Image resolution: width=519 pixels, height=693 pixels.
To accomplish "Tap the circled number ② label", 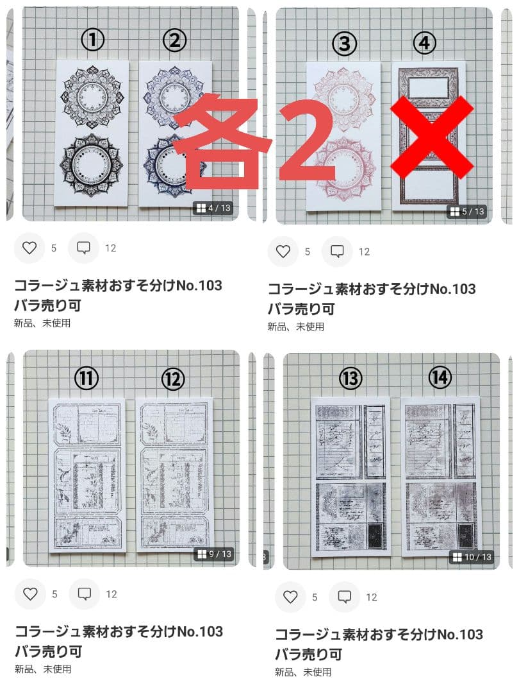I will pyautogui.click(x=174, y=41).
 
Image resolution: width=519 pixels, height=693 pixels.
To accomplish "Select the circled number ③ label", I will pyautogui.click(x=345, y=44).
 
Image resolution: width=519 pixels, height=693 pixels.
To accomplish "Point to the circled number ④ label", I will pyautogui.click(x=424, y=44).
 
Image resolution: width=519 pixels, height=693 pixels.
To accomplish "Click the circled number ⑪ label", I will pyautogui.click(x=86, y=379).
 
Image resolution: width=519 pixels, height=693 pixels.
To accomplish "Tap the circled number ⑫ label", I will pyautogui.click(x=172, y=379).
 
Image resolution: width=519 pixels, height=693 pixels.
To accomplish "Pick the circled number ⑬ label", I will pyautogui.click(x=350, y=379).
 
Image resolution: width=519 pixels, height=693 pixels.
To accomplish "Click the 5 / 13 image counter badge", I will pyautogui.click(x=467, y=211).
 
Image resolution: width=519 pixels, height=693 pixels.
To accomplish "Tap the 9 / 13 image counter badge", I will pyautogui.click(x=215, y=554).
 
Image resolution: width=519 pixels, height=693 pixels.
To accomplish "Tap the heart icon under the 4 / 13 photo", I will pyautogui.click(x=29, y=248).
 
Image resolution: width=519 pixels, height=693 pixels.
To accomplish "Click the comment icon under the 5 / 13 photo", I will pyautogui.click(x=337, y=252).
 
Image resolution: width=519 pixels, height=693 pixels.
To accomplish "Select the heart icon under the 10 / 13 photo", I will pyautogui.click(x=290, y=597).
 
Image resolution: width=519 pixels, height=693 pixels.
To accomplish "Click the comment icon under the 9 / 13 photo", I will pyautogui.click(x=84, y=594).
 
